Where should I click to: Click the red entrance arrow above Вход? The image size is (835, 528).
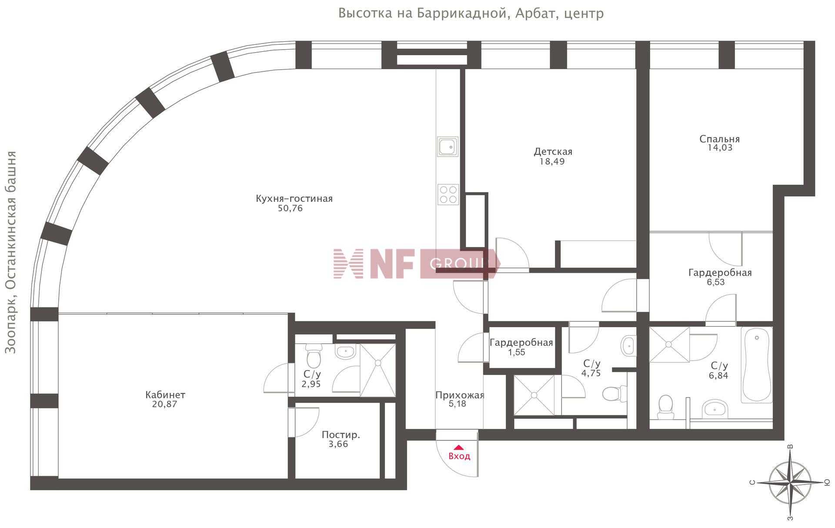click(459, 447)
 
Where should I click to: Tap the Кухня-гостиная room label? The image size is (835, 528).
click(294, 199)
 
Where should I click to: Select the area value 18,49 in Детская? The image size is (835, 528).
click(552, 161)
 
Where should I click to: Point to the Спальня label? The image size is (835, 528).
click(719, 139)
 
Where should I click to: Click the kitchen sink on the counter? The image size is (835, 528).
click(448, 147)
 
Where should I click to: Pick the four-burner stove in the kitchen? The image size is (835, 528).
click(448, 194)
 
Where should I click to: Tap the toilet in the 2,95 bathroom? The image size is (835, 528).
click(313, 356)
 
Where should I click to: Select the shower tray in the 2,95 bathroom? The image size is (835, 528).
click(378, 370)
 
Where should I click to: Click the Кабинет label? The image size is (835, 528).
click(165, 395)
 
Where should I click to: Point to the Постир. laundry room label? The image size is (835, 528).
click(341, 435)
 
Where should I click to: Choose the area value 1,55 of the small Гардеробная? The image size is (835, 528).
click(517, 352)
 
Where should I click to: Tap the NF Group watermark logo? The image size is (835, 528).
click(417, 264)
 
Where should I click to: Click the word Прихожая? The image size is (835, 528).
click(460, 395)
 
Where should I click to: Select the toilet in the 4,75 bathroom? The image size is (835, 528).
click(615, 394)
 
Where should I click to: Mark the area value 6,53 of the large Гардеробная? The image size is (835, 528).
click(716, 282)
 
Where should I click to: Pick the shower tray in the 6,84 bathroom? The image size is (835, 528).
click(669, 344)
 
